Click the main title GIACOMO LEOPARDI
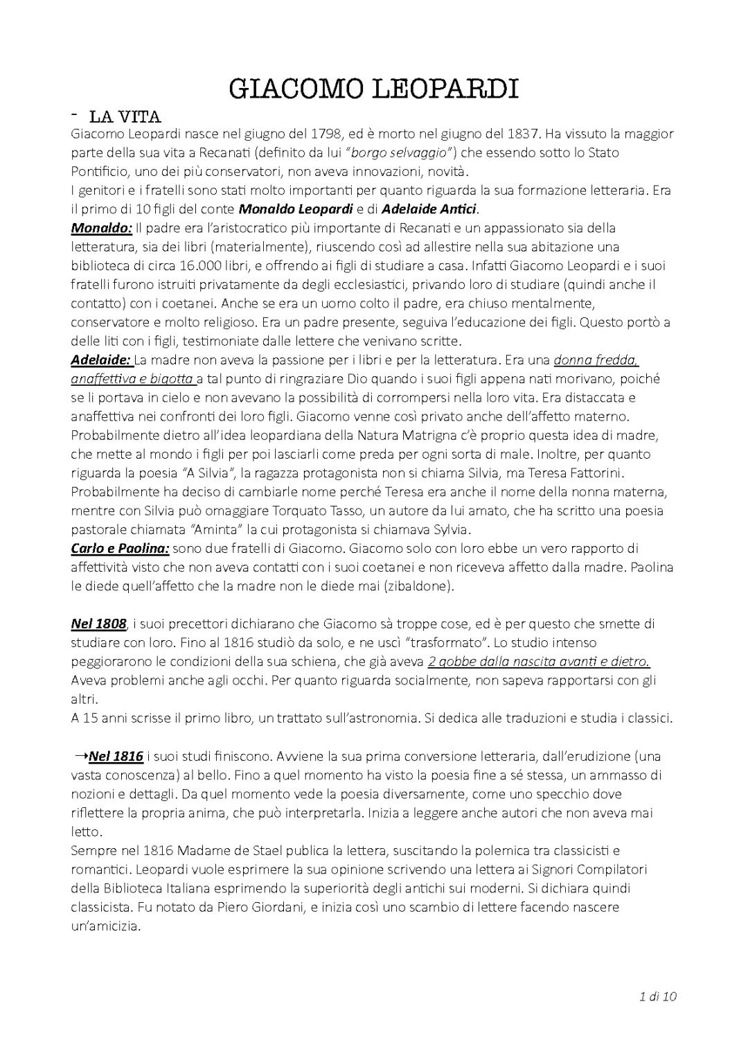(x=373, y=89)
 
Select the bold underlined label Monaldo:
(x=102, y=227)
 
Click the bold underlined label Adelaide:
(x=101, y=360)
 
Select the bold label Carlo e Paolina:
(x=120, y=548)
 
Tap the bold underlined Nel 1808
(x=98, y=624)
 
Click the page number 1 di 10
(x=658, y=997)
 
